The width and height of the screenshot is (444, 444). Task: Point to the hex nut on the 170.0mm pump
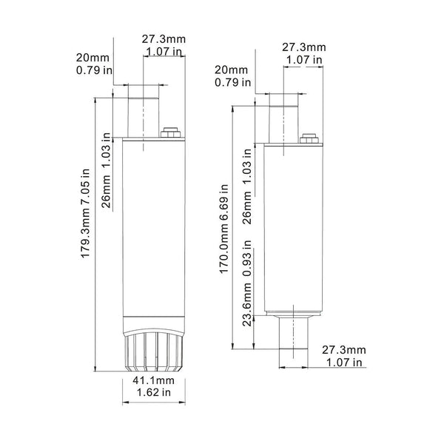[x=309, y=137]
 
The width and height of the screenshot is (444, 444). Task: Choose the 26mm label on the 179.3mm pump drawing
[x=107, y=195]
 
